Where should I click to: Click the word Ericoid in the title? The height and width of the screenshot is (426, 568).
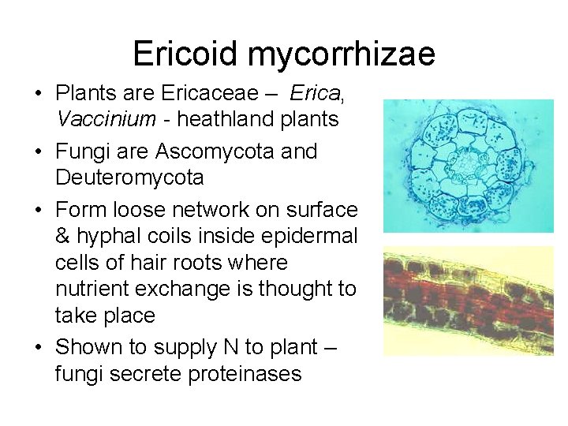(x=185, y=54)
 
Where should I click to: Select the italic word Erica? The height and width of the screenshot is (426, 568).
(x=314, y=94)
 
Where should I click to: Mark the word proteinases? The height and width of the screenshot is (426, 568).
(x=246, y=373)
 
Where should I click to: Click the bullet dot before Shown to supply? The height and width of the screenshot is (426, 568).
(x=38, y=348)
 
